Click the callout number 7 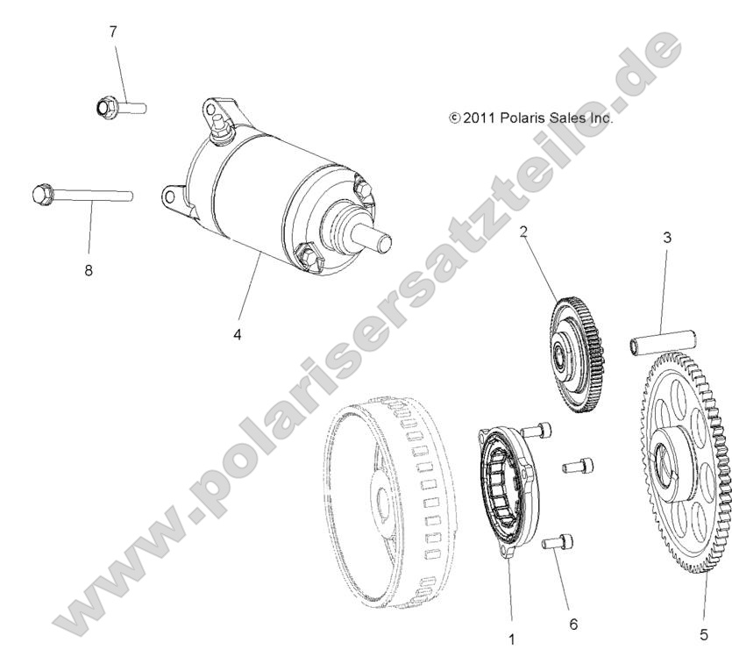pyautogui.click(x=112, y=32)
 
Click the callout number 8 pyautogui.click(x=88, y=270)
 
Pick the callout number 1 pyautogui.click(x=512, y=639)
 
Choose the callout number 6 pyautogui.click(x=573, y=625)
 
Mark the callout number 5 pyautogui.click(x=704, y=635)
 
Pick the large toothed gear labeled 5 pyautogui.click(x=687, y=465)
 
